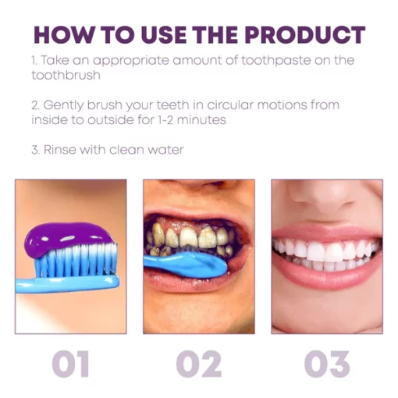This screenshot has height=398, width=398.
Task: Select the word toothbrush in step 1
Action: pos(66,75)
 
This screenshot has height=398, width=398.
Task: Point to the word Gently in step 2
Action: pos(63,105)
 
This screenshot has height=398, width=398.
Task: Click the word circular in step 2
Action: pos(230,105)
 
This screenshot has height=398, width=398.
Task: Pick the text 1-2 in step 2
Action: pos(165,120)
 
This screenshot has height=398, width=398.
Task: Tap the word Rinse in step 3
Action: pos(60,150)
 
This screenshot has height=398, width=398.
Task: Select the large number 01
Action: pos(70,364)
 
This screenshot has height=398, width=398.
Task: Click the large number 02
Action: pos(199,364)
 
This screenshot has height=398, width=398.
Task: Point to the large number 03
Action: pos(327,364)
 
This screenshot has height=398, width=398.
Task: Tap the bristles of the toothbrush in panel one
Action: pos(78,260)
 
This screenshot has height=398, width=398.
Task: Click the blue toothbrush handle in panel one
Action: pos(68,284)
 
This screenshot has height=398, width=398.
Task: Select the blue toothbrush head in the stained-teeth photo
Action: pos(186,264)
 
